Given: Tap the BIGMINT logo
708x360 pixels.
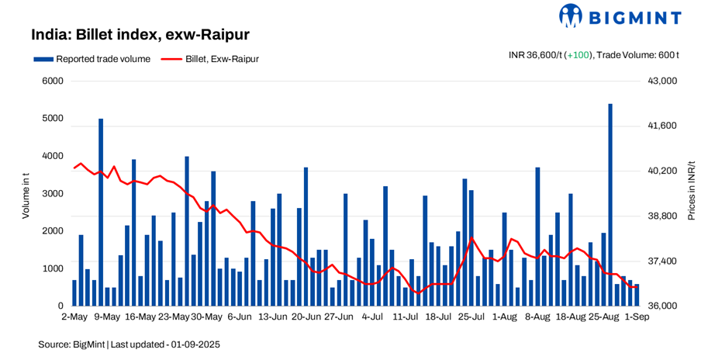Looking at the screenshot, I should point(620,16).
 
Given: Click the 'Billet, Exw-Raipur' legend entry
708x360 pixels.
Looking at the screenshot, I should point(212,58).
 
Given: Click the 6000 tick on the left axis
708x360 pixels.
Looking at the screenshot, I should point(52,81).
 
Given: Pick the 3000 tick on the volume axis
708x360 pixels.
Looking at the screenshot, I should point(52,193).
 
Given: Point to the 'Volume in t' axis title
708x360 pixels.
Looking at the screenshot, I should point(26,193).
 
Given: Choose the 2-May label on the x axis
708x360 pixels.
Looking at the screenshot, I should point(74,317).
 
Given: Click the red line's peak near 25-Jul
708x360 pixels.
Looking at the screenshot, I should point(471,237).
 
